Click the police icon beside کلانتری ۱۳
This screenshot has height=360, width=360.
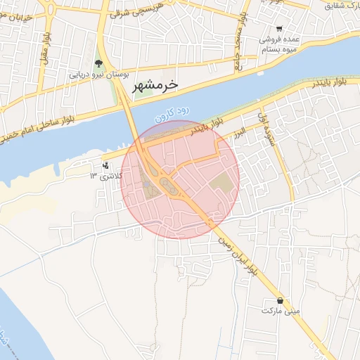[105, 167]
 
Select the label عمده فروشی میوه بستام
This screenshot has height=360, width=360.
[278, 44]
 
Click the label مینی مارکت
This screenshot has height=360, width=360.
[281, 309]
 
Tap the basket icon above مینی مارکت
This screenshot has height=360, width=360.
[281, 300]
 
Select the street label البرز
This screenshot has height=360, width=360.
[241, 131]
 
